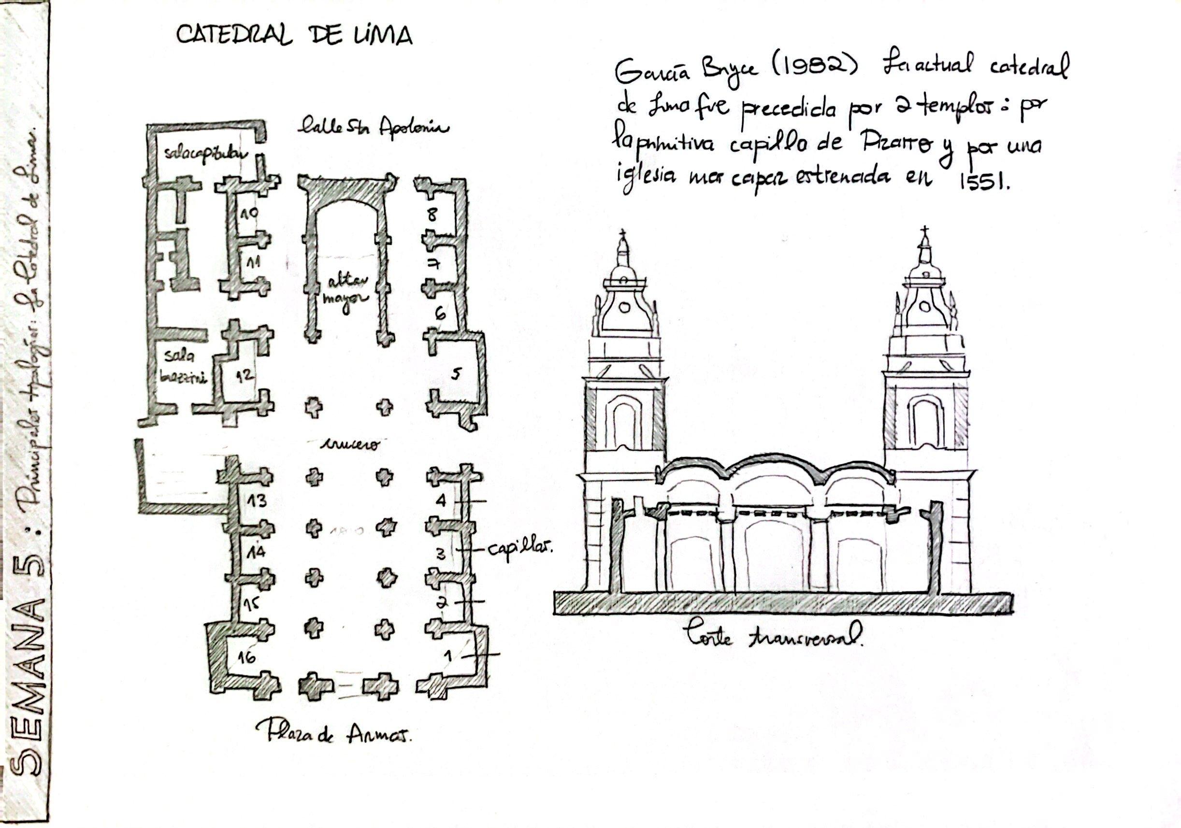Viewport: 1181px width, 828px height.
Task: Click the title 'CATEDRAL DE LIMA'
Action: tap(294, 35)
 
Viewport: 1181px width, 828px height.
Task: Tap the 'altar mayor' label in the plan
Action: tap(345, 290)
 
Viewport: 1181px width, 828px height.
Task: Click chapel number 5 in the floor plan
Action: tap(456, 374)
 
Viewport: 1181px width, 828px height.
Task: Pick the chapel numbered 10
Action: tap(249, 213)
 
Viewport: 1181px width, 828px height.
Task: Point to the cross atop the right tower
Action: tap(925, 232)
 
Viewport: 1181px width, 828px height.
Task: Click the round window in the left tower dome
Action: tap(624, 308)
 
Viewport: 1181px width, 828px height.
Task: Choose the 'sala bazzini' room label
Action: tap(183, 366)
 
